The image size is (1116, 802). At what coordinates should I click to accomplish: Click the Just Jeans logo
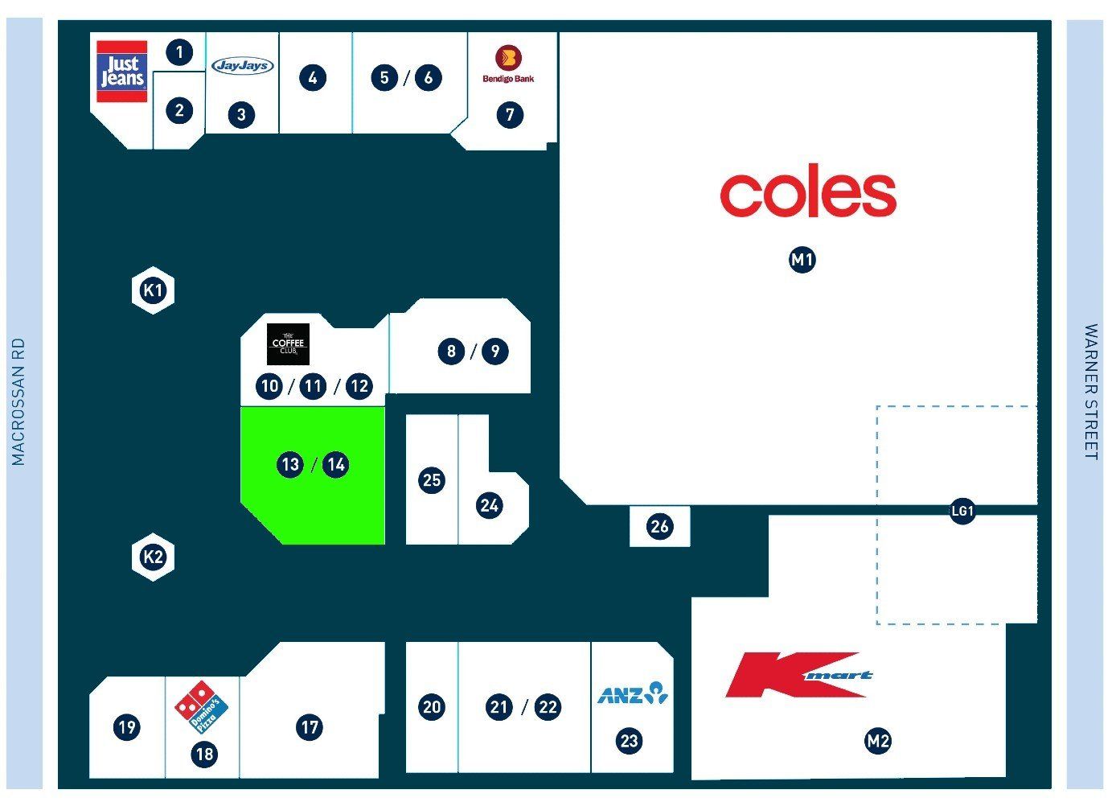coord(121,72)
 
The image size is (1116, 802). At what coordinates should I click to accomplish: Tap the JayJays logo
coord(243,65)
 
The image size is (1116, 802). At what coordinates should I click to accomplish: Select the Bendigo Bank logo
coord(508,64)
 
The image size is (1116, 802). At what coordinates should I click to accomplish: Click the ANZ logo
coord(633,693)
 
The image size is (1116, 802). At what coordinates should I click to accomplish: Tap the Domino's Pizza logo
coord(201,707)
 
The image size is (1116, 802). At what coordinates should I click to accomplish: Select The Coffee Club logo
coord(288,344)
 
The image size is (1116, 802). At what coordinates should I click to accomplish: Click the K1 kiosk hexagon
coord(153,290)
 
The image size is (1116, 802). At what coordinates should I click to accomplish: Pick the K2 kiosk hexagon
coord(153,557)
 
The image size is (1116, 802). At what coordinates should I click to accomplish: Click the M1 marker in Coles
coord(802,260)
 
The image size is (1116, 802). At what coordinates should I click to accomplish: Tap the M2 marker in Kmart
coord(878,741)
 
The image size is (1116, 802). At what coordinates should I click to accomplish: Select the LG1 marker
coord(962,511)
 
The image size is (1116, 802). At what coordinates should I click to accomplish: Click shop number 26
coord(659,526)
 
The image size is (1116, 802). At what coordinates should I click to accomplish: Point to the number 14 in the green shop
coord(336,465)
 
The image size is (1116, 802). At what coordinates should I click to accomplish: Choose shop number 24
coord(489,505)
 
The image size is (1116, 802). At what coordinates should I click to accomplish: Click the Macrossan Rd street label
coord(18,401)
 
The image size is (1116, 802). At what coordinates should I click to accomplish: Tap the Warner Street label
coord(1090,392)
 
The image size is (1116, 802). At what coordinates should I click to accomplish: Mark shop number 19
coord(126,727)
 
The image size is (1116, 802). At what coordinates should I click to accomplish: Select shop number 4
coord(313,78)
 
